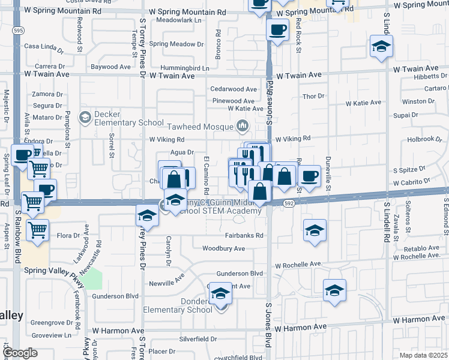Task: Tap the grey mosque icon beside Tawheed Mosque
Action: pos(243,126)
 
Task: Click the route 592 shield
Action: pos(289,205)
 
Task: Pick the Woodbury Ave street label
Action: pos(223,248)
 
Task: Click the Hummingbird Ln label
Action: pos(185,68)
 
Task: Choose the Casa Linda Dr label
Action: pos(43,46)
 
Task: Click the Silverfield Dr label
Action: pos(198,339)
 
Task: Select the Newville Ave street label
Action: pos(169,283)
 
